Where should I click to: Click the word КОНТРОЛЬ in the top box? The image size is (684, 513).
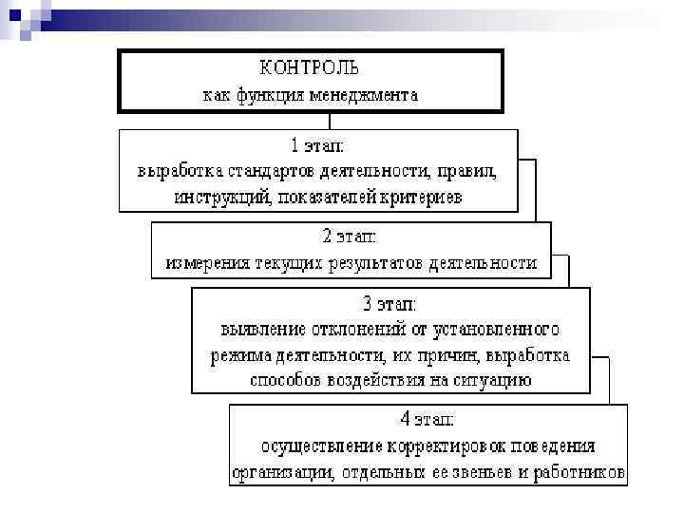[310, 69]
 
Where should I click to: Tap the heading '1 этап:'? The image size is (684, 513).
[317, 146]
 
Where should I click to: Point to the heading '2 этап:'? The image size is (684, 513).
[351, 236]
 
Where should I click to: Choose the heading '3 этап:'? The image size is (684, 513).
[389, 304]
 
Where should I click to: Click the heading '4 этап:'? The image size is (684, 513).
[427, 418]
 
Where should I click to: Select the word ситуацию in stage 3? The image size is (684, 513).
[494, 381]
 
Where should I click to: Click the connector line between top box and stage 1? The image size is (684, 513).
[330, 121]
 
